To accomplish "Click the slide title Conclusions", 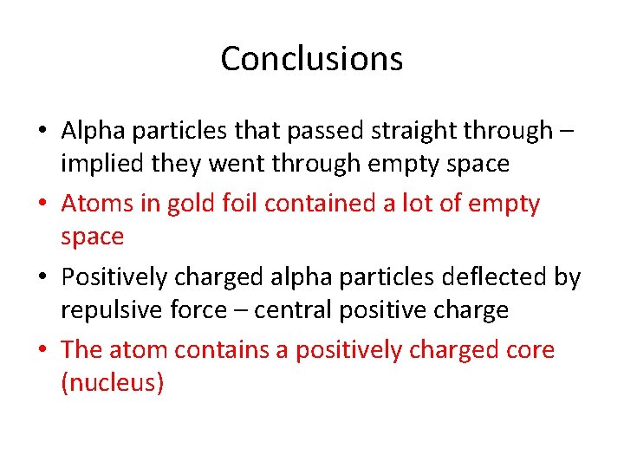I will pos(311,59).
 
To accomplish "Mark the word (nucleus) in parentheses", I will pos(112,383).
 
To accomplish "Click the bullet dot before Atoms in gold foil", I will pos(43,205).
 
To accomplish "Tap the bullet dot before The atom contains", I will pos(43,351).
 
